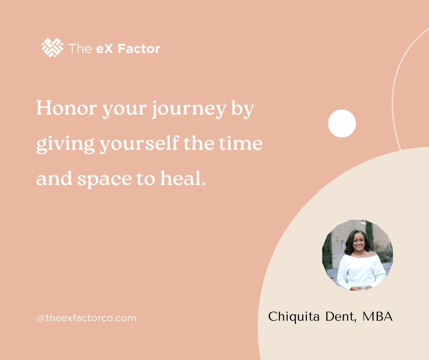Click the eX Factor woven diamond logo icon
click(52, 48)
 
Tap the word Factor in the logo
click(139, 49)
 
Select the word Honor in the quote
click(67, 108)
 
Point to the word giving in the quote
click(65, 144)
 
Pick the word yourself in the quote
click(139, 143)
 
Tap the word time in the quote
click(241, 143)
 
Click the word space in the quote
click(105, 180)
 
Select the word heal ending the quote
click(183, 178)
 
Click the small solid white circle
click(342, 123)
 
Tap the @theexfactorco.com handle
click(86, 318)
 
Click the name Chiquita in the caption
click(294, 317)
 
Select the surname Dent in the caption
click(341, 317)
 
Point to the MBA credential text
click(377, 317)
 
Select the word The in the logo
click(80, 49)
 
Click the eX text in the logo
click(105, 49)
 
